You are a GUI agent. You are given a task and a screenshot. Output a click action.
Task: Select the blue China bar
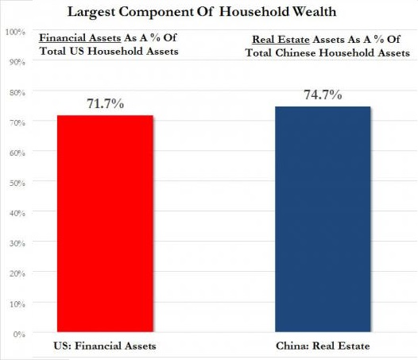322,219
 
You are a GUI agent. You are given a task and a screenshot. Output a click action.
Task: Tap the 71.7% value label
105,103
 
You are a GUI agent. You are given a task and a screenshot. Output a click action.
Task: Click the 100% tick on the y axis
12,32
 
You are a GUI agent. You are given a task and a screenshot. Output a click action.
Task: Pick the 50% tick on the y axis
14,182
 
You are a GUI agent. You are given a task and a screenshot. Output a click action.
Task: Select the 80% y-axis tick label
14,92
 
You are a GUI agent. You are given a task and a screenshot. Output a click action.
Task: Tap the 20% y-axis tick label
14,273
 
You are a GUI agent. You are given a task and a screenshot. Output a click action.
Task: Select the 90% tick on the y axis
14,62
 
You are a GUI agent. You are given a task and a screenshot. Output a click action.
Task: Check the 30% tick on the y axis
14,242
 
